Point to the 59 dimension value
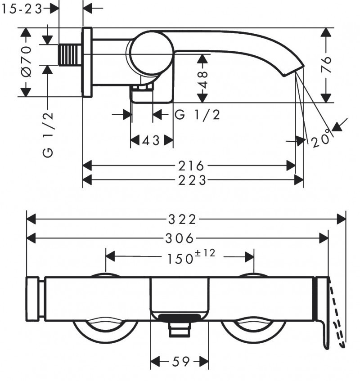pyautogui.click(x=179, y=362)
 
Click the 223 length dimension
pyautogui.click(x=192, y=180)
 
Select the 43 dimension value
pyautogui.click(x=151, y=141)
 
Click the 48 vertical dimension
pyautogui.click(x=203, y=79)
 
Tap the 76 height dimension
pyautogui.click(x=327, y=65)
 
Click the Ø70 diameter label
pyautogui.click(x=26, y=61)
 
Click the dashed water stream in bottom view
pyautogui.click(x=337, y=315)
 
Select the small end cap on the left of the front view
pyautogui.click(x=35, y=299)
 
